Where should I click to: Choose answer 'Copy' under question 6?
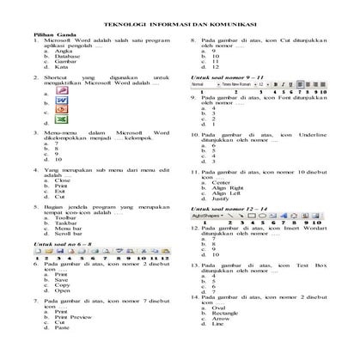[61, 284]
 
